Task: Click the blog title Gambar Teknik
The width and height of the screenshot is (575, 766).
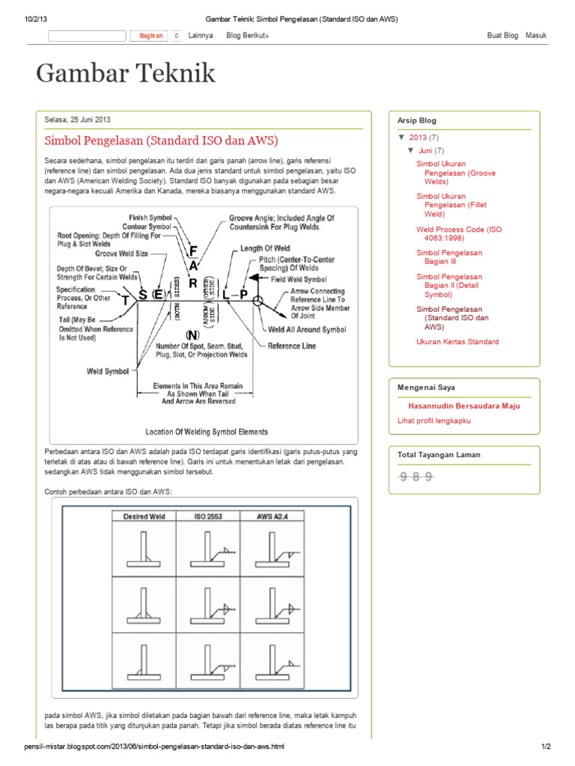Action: coord(126,73)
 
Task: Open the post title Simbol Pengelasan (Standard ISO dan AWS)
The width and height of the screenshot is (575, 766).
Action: coord(161,141)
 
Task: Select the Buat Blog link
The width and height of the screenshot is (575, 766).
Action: coord(502,35)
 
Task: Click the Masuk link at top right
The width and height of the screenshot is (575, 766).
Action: coord(536,35)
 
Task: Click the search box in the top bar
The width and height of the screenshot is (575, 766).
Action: coord(87,35)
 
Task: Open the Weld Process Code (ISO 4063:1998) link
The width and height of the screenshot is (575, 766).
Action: coord(458,234)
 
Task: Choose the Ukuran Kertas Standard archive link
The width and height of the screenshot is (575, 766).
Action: coord(457,342)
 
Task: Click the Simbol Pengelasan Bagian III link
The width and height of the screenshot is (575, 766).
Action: coord(449,257)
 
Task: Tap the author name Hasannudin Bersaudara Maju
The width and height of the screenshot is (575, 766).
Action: coord(463,406)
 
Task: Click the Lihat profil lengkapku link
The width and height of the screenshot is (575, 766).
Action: coord(433,421)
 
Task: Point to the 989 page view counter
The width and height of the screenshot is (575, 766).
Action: coord(417,477)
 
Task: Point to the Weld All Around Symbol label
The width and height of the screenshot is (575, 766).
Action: coord(307,329)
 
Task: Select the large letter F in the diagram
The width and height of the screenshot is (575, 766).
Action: coord(193,250)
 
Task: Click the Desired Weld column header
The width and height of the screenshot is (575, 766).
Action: coord(144,516)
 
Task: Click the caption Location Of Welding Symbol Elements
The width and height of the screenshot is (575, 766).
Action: coord(207,432)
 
